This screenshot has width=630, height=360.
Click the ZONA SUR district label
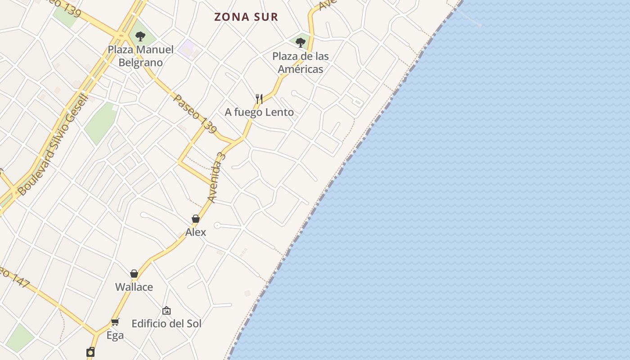[246, 17]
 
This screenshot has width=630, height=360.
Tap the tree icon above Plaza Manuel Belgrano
[140, 36]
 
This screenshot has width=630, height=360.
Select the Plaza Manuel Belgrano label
[140, 56]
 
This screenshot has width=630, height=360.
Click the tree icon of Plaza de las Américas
[301, 43]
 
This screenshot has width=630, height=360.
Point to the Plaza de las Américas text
[301, 63]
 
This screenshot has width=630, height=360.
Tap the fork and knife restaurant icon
[259, 99]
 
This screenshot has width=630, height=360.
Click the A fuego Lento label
[259, 112]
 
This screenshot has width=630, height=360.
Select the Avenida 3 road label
[216, 177]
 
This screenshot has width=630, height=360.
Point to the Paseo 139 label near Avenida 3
[195, 113]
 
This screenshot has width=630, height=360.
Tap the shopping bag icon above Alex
[196, 219]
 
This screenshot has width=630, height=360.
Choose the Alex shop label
[196, 232]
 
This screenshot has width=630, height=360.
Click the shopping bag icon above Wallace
[134, 274]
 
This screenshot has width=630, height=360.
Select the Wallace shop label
[134, 287]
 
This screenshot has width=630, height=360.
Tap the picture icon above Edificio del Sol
[166, 310]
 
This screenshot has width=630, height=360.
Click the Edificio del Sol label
[166, 324]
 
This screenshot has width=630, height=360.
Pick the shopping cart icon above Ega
[115, 322]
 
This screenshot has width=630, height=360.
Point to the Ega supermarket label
[115, 335]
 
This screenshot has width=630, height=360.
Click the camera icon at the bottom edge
[91, 351]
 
